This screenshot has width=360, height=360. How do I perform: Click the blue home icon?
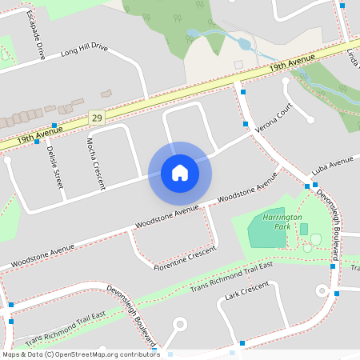pyautogui.click(x=180, y=172)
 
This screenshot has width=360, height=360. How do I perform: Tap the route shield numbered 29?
pyautogui.click(x=97, y=117)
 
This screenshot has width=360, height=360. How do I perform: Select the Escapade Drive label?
pyautogui.click(x=34, y=35)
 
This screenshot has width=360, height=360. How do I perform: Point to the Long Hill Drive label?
pyautogui.click(x=83, y=53)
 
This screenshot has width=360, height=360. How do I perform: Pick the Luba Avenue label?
pyautogui.click(x=332, y=165)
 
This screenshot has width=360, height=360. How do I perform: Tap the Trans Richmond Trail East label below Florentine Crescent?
pyautogui.click(x=231, y=275)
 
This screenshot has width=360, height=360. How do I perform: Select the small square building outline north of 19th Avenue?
pyautogui.click(x=238, y=63)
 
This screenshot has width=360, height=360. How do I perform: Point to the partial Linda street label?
pyautogui.click(x=352, y=56)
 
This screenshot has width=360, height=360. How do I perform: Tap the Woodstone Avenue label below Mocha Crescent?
pyautogui.click(x=167, y=214)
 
